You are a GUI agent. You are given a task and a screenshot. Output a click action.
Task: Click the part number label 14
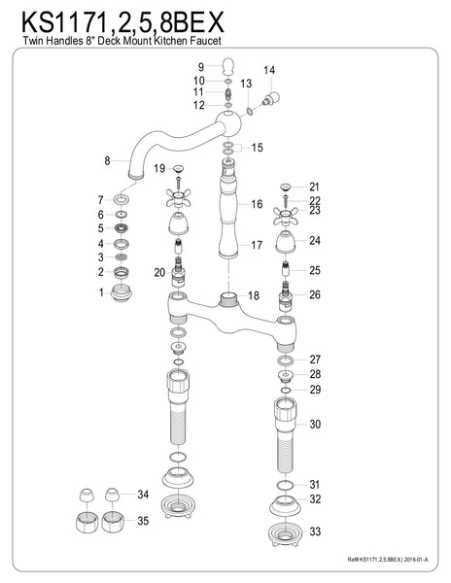click(x=269, y=70)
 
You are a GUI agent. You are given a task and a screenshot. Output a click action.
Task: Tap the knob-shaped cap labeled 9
click(x=227, y=66)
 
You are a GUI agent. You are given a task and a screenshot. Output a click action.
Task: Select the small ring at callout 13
click(x=250, y=111)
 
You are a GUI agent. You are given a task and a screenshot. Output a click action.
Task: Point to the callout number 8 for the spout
click(x=108, y=160)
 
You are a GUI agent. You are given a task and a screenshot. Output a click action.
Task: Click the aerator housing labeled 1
click(x=121, y=293)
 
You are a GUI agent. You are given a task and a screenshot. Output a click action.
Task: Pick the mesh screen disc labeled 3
click(x=121, y=257)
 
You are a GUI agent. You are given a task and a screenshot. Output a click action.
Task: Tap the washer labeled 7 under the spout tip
click(x=121, y=199)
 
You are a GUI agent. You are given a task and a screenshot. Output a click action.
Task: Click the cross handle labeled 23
click(x=286, y=216)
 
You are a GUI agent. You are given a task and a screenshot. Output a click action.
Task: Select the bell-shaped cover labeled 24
click(x=286, y=241)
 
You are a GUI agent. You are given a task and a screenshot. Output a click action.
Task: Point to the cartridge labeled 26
click(x=286, y=296)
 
